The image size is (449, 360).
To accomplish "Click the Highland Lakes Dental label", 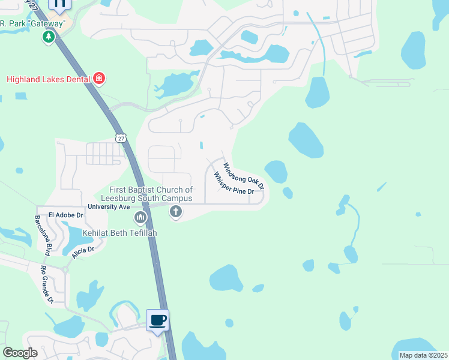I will [x=48, y=79].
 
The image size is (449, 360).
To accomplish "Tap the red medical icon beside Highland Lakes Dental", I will [x=99, y=79].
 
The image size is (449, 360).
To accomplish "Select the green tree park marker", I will [x=48, y=37].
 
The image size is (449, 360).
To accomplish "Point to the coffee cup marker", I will [x=158, y=320].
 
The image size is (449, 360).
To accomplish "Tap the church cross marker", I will [x=176, y=212].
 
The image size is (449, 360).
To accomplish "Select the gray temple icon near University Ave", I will [x=140, y=216].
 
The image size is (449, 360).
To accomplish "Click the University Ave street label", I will [x=109, y=206].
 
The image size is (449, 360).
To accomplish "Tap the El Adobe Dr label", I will [x=65, y=214].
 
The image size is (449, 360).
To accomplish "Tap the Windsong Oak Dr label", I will [x=244, y=176].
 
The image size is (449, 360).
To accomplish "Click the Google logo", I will [x=20, y=353].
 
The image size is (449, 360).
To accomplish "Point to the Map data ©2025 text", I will [x=423, y=355].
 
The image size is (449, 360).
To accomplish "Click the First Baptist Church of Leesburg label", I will [x=151, y=194].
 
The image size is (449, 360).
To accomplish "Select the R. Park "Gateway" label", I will [x=32, y=23].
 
